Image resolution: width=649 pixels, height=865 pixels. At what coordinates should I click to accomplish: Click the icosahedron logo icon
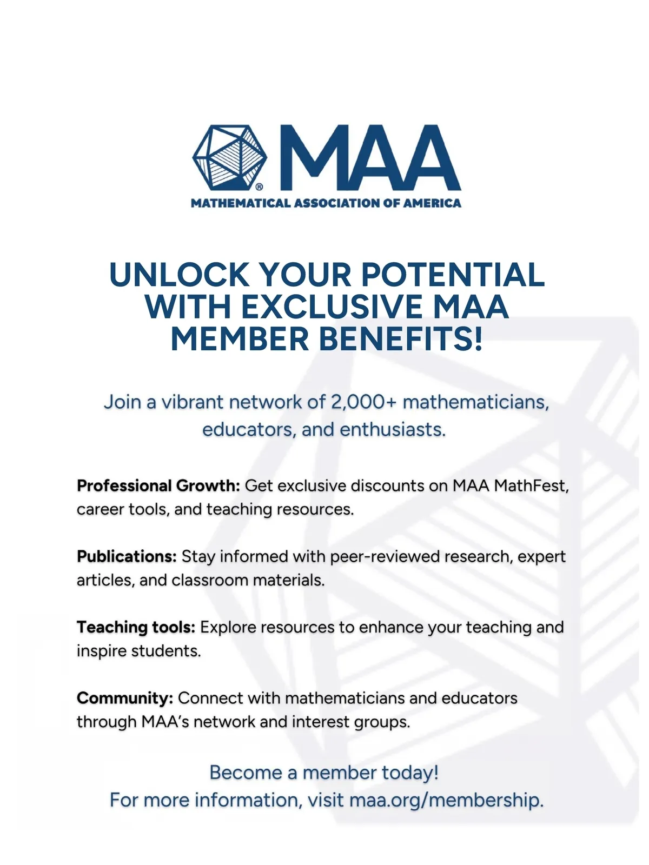(229, 158)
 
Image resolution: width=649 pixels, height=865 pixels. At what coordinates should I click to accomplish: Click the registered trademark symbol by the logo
(259, 187)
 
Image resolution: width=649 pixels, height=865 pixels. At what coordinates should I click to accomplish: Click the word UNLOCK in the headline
(179, 275)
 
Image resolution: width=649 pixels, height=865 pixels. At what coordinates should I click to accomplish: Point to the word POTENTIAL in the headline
(453, 275)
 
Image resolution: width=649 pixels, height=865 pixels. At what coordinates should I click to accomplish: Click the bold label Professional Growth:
(158, 485)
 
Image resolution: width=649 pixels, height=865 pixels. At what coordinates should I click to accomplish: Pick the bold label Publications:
(127, 556)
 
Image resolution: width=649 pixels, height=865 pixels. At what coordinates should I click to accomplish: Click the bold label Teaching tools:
(136, 627)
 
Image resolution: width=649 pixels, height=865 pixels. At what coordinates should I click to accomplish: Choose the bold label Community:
(125, 698)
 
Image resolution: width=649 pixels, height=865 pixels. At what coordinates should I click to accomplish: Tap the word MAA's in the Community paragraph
(165, 722)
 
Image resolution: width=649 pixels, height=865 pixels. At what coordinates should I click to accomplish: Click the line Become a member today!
(324, 773)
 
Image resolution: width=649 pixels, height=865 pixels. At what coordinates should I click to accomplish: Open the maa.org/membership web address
(446, 800)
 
